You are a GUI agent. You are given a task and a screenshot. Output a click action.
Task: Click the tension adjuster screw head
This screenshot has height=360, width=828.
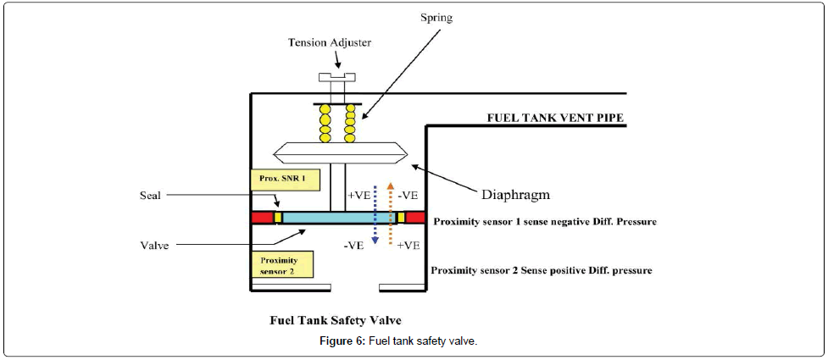click(x=336, y=77)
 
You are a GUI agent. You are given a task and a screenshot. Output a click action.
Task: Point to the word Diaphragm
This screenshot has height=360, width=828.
click(x=516, y=194)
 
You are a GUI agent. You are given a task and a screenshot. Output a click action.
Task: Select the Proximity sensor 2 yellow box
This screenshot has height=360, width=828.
click(x=282, y=263)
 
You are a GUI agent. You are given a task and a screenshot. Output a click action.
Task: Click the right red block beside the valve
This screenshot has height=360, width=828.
click(x=415, y=218)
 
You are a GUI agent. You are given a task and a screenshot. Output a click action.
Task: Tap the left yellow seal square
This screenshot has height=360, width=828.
click(x=277, y=218)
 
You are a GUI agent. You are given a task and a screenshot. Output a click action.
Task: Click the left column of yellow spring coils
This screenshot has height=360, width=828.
click(x=325, y=124)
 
